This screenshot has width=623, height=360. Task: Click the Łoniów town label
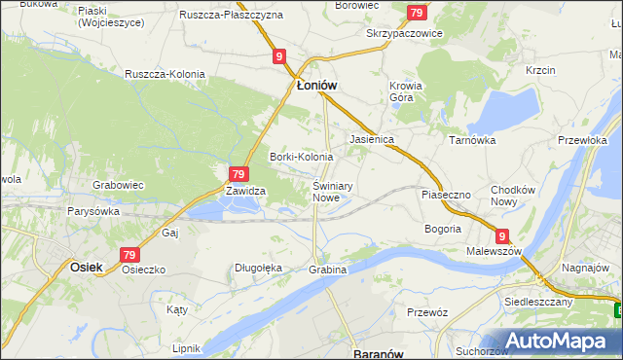tap(316, 86)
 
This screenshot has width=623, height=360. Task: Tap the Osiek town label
tap(87, 265)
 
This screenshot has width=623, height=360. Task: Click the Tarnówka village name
tap(472, 139)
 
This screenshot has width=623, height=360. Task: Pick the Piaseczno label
tap(445, 195)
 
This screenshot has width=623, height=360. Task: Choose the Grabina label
tap(327, 269)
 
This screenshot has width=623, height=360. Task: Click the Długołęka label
tap(258, 268)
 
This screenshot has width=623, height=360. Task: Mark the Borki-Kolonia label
tap(301, 157)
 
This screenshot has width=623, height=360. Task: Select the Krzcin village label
tap(539, 70)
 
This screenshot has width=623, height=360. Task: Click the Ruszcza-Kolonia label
tap(163, 73)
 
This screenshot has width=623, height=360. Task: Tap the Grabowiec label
tap(118, 184)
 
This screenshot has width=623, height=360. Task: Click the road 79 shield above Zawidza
tap(236, 174)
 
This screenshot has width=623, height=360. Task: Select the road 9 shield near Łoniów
tap(279, 57)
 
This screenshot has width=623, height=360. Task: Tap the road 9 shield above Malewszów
tap(502, 235)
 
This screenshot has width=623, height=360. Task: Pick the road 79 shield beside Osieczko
tap(130, 255)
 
